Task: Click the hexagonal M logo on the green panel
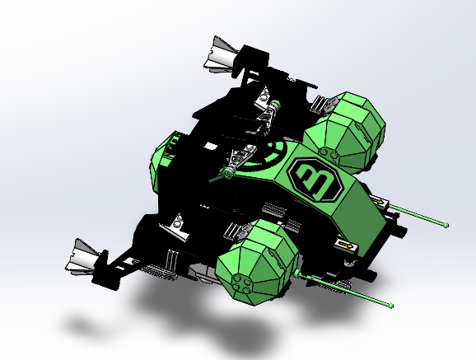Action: click(315, 180)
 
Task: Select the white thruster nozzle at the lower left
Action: click(82, 257)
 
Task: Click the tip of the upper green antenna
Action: click(446, 225)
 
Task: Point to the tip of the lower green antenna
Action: click(391, 306)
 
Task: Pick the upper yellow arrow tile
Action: click(380, 201)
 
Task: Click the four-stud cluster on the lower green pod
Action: click(241, 283)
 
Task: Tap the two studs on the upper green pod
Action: click(328, 154)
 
